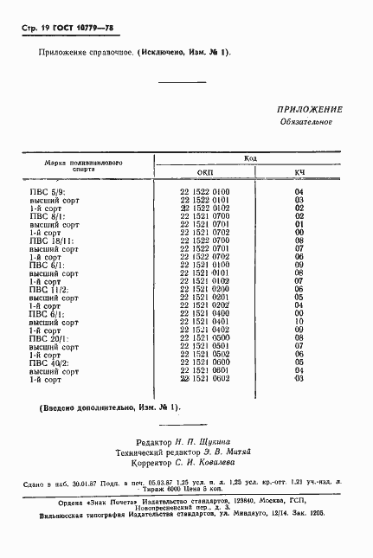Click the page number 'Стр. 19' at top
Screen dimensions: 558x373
pyautogui.click(x=35, y=29)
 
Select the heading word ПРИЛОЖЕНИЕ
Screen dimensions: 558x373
pyautogui.click(x=310, y=110)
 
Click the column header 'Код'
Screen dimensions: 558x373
pyautogui.click(x=250, y=159)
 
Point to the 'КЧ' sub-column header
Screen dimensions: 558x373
pyautogui.click(x=299, y=173)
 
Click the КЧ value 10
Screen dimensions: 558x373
pyautogui.click(x=299, y=322)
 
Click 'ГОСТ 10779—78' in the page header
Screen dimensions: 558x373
pyautogui.click(x=89, y=29)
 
